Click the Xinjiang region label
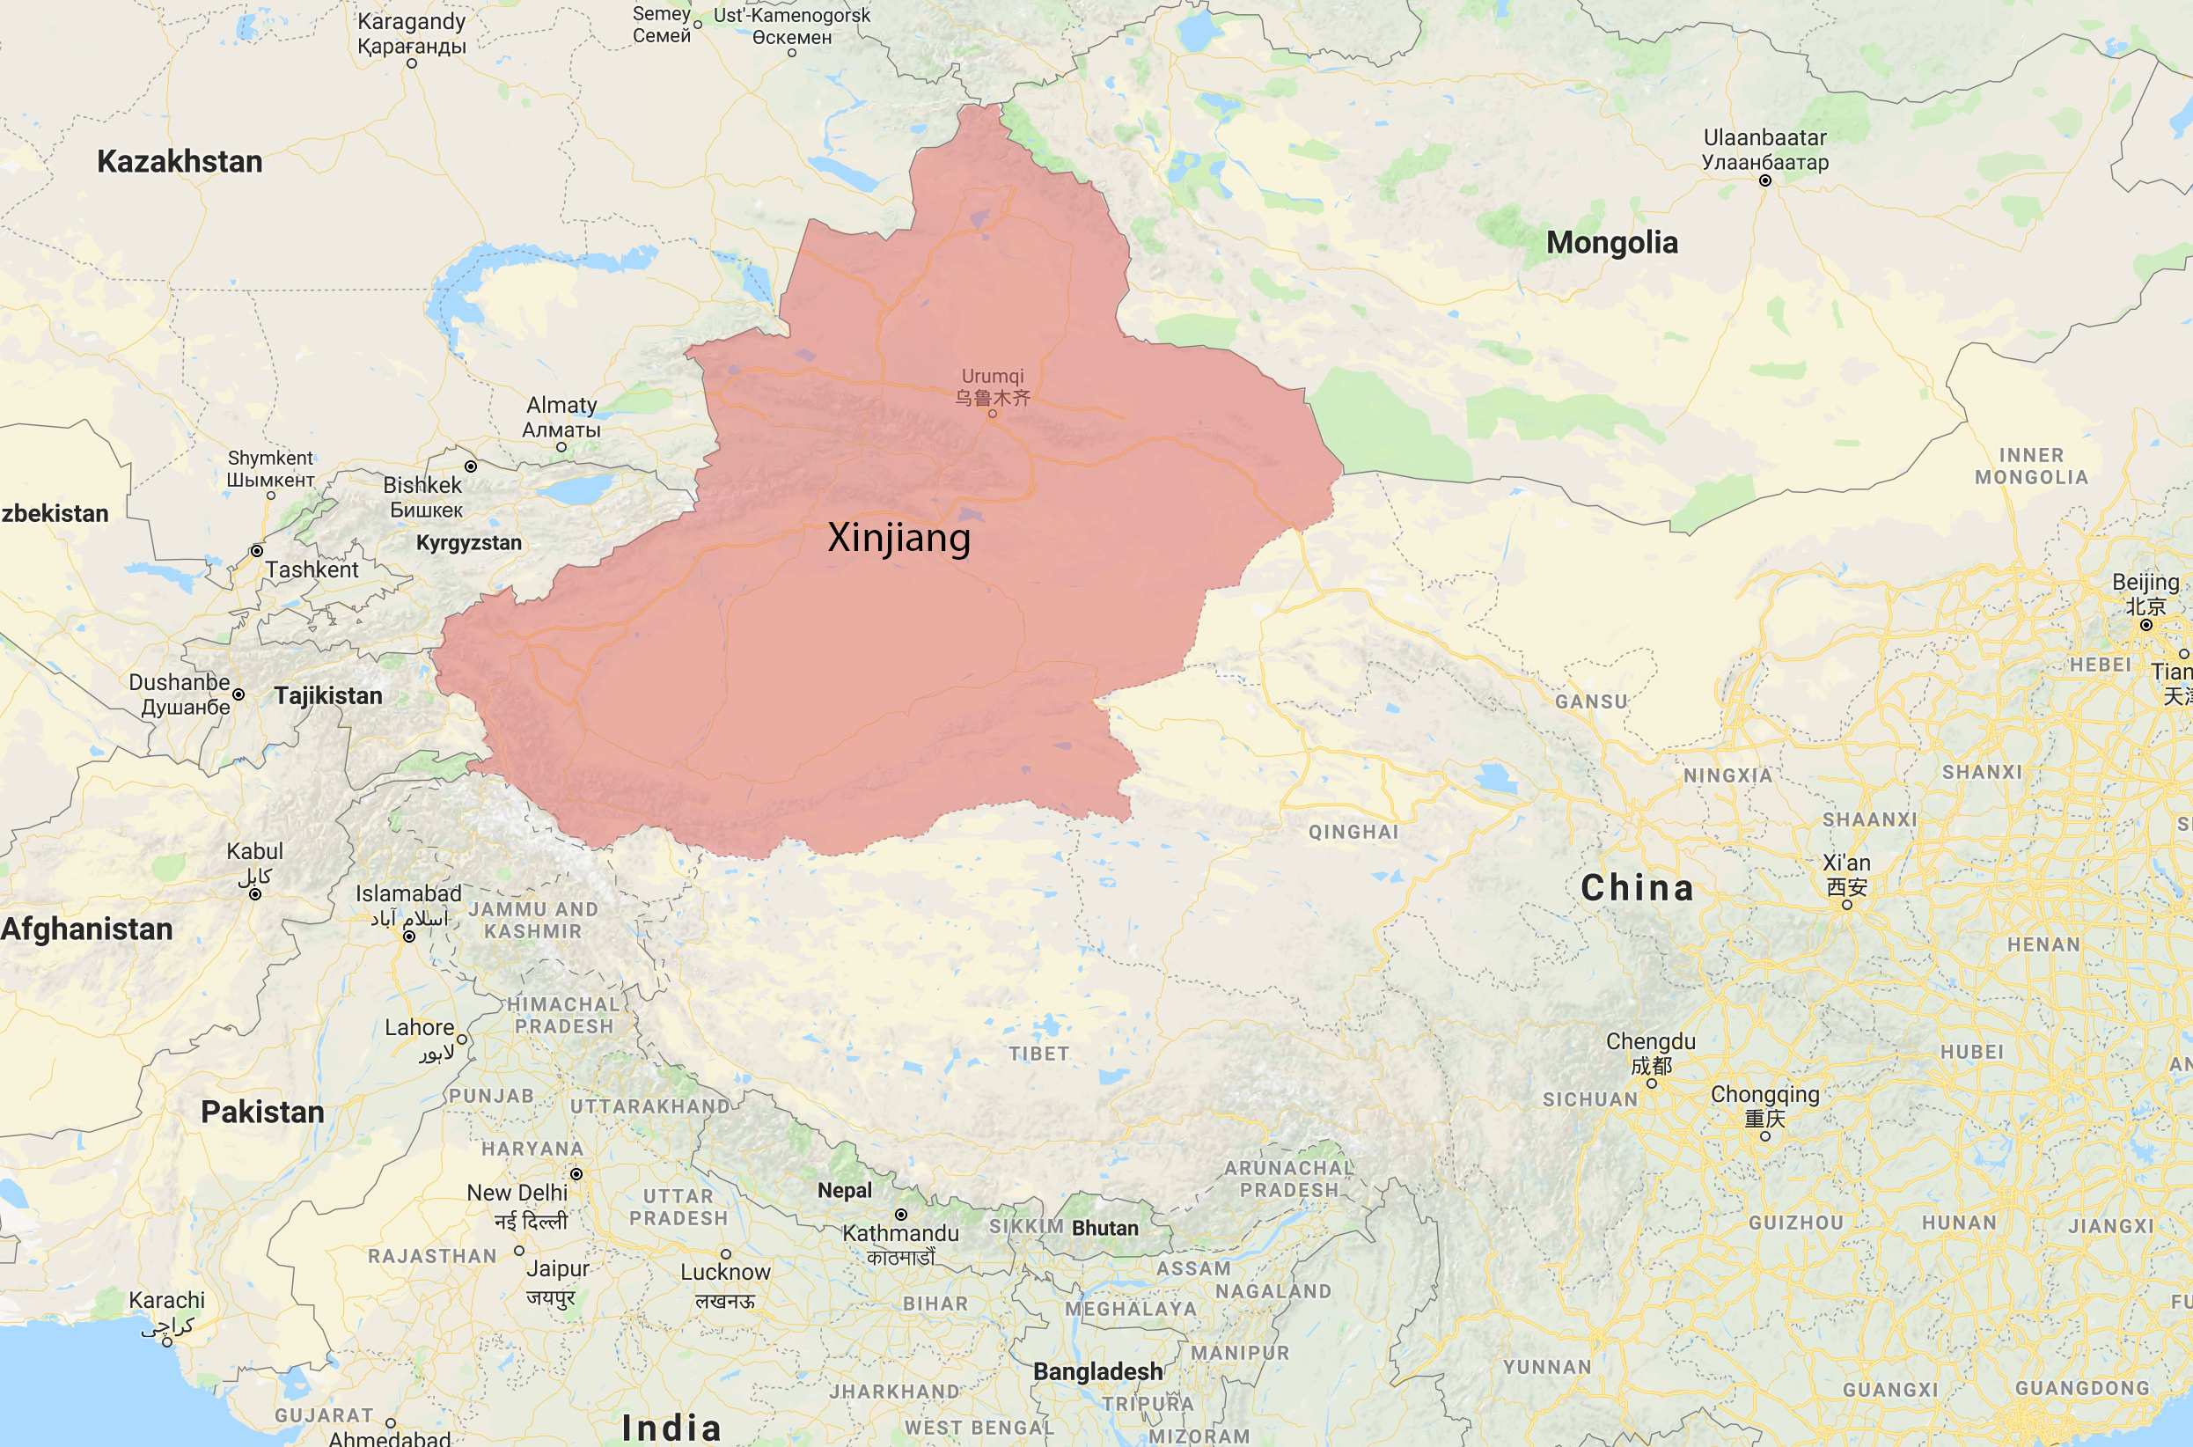[898, 537]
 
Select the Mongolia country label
[1612, 243]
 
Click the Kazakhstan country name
[180, 161]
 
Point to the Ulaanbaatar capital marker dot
[1765, 181]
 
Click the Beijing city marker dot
[2146, 625]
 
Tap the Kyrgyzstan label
[469, 542]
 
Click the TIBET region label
[1038, 1054]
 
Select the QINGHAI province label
[1353, 833]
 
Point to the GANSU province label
[1590, 701]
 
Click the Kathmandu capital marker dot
[900, 1215]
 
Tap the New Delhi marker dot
[576, 1174]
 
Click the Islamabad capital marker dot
[408, 937]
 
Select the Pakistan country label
[263, 1112]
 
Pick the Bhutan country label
[1105, 1229]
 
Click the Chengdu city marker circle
[1652, 1083]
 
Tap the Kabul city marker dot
[255, 893]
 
